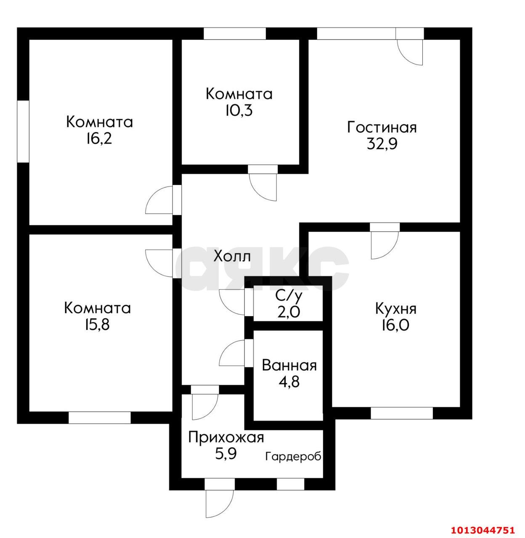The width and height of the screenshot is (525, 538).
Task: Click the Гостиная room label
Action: pyautogui.click(x=382, y=127)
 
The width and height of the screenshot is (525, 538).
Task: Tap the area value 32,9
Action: pyautogui.click(x=382, y=144)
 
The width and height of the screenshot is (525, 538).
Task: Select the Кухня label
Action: pyautogui.click(x=396, y=309)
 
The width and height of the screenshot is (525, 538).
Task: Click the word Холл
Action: pyautogui.click(x=233, y=256)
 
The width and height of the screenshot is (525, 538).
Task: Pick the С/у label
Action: pyautogui.click(x=289, y=296)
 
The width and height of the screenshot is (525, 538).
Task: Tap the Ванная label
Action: pyautogui.click(x=289, y=366)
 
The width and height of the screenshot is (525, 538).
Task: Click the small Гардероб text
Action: pyautogui.click(x=293, y=456)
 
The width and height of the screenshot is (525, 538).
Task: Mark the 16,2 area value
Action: pyautogui.click(x=99, y=138)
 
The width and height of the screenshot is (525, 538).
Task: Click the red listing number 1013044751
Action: pyautogui.click(x=483, y=530)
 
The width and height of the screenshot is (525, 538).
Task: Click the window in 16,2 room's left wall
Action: pyautogui.click(x=23, y=132)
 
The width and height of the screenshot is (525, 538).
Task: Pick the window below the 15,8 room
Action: pyautogui.click(x=100, y=418)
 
